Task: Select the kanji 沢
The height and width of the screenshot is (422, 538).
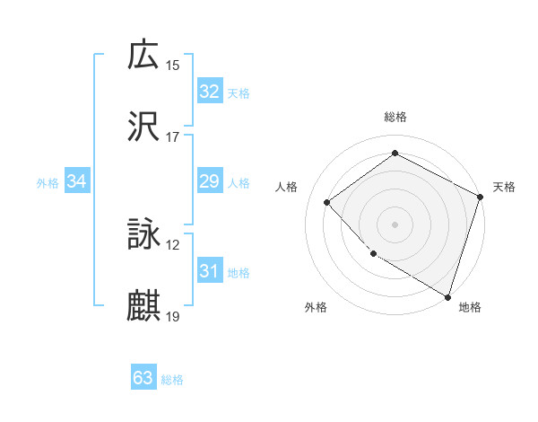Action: (143, 127)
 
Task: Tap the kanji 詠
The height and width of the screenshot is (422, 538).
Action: (143, 234)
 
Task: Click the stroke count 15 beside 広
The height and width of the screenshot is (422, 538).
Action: (173, 65)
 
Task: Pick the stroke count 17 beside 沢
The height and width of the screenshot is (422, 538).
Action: (173, 137)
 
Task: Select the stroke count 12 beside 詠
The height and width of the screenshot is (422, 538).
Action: (173, 245)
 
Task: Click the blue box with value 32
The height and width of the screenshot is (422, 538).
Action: (209, 92)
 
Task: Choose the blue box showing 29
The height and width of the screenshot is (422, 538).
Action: (209, 181)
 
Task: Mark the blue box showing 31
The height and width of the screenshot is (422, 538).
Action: (209, 271)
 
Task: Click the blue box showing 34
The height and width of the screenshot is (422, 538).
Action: (77, 181)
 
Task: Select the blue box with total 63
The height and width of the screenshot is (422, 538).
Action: (143, 378)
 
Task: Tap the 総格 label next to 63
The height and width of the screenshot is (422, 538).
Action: (172, 380)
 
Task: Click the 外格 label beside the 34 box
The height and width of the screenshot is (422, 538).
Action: (48, 183)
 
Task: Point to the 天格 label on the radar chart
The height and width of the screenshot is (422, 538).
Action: (505, 187)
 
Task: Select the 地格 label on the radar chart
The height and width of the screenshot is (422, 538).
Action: (470, 308)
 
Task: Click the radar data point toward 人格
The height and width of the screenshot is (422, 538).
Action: (327, 202)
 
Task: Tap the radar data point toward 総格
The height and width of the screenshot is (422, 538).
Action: (395, 154)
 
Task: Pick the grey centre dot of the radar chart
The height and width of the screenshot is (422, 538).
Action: (395, 224)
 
